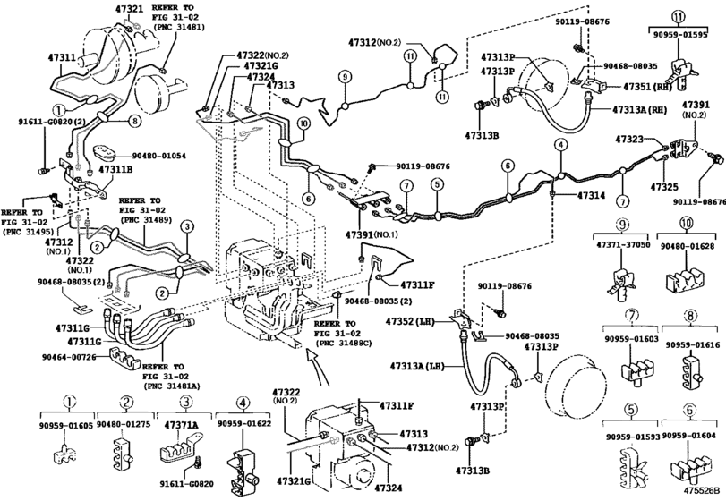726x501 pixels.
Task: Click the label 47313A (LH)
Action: click(x=418, y=366)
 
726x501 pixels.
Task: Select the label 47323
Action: click(x=633, y=140)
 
